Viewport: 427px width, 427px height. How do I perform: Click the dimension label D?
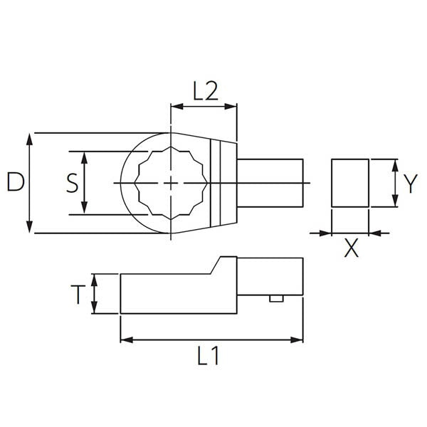pyautogui.click(x=16, y=183)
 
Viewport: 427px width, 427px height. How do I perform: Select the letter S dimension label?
pyautogui.click(x=71, y=183)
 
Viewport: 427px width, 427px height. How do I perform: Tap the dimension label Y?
pyautogui.click(x=410, y=184)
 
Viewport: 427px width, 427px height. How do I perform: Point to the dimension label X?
pyautogui.click(x=351, y=249)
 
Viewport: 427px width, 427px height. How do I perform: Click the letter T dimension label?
pyautogui.click(x=78, y=294)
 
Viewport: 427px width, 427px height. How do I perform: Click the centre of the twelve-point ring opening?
pyautogui.click(x=171, y=183)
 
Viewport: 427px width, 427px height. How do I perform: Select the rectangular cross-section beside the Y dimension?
pyautogui.click(x=350, y=184)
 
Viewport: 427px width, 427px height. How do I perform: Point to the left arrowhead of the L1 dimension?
pyautogui.click(x=126, y=340)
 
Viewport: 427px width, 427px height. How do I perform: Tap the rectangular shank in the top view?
pyautogui.click(x=270, y=183)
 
